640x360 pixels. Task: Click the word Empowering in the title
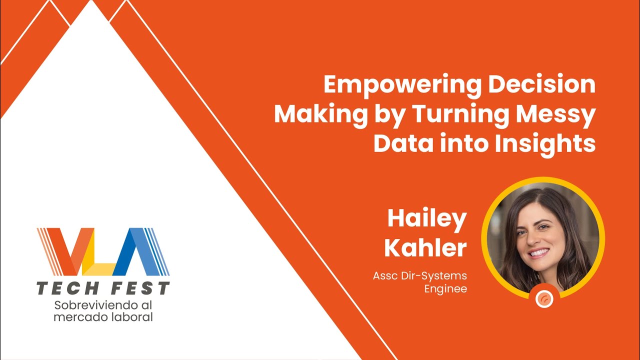[x=402, y=85]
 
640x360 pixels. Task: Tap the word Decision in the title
[x=542, y=85]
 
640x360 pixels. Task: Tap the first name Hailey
[x=426, y=218]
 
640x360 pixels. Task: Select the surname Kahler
[x=425, y=248]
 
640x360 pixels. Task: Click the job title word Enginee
[x=445, y=289]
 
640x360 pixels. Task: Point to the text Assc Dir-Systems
[x=419, y=275]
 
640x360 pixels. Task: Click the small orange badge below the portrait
[x=544, y=298]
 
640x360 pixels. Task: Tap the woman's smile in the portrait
[x=539, y=252]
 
